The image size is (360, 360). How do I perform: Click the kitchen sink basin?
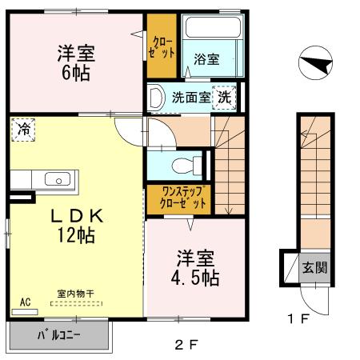[56, 178]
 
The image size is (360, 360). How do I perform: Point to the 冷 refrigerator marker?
[24, 128]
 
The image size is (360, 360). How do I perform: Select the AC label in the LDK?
[25, 302]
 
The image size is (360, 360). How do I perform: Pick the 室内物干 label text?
[75, 294]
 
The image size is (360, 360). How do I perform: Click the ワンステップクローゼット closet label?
[179, 198]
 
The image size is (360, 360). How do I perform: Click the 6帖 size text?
[77, 73]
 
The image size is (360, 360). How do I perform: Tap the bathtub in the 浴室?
[211, 30]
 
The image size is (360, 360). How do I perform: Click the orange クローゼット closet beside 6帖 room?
[160, 46]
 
